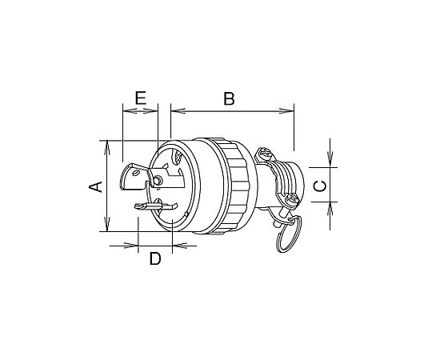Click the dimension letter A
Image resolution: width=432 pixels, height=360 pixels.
[95, 186]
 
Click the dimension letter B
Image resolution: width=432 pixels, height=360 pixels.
[229, 98]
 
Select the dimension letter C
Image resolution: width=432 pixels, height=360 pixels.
[320, 186]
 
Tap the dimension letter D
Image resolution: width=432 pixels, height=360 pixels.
[155, 259]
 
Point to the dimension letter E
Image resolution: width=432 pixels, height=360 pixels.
[141, 98]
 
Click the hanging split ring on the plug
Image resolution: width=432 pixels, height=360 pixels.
[290, 234]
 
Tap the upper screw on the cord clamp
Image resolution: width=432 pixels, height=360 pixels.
[265, 154]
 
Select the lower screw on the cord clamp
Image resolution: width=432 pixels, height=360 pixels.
[291, 200]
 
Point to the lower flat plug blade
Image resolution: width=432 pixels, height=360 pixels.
[156, 206]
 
